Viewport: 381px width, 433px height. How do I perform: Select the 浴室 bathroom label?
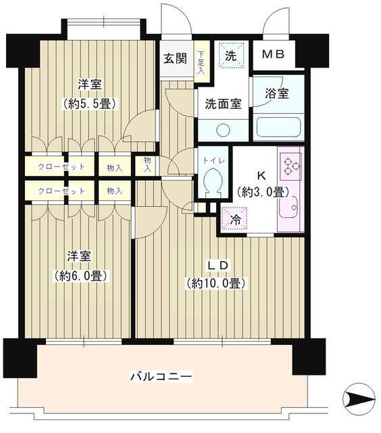(x=276, y=93)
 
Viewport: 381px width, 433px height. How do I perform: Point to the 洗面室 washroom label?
(x=222, y=104)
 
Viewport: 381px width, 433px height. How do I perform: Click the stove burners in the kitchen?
(x=290, y=166)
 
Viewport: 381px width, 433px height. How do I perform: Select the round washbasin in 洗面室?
(x=223, y=129)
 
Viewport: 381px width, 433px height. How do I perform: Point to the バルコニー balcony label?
(x=161, y=376)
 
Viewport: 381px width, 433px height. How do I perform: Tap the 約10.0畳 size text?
(x=215, y=283)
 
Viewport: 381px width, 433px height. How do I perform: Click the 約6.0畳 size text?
(x=79, y=275)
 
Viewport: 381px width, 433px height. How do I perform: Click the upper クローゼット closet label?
(x=61, y=166)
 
